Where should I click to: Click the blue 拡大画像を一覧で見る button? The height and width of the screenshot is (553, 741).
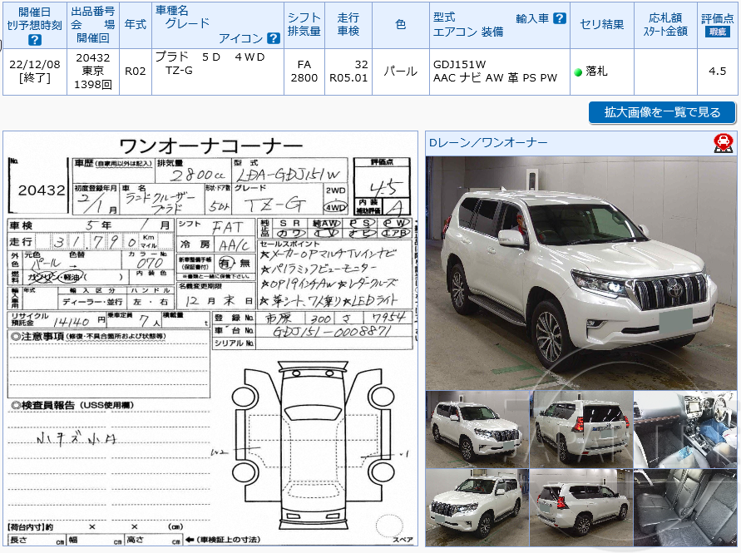662,112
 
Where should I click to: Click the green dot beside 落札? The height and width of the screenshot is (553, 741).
578,72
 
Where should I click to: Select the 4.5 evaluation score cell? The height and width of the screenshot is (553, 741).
718,72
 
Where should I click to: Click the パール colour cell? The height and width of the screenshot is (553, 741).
400,72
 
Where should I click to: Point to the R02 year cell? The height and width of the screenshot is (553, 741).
135,72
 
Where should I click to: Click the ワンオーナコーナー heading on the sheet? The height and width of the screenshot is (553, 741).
211,145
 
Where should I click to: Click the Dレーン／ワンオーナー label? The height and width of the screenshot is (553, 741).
489,143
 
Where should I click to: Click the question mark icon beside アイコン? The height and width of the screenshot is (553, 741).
274,38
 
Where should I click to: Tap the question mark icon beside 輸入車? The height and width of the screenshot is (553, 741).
560,18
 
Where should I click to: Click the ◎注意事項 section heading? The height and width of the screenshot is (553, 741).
37,336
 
